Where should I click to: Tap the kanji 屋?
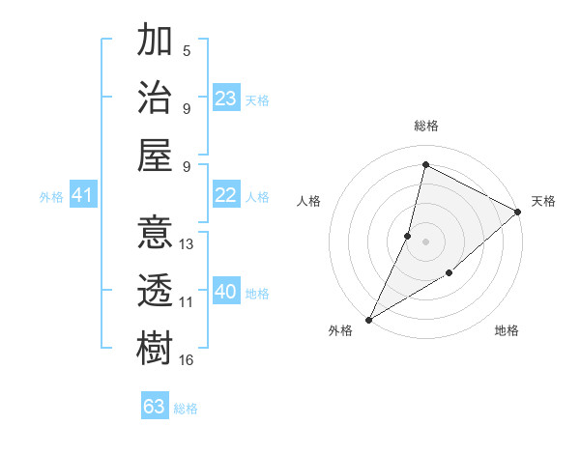tap(155, 155)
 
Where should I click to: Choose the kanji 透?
tap(155, 290)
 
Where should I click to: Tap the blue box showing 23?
tap(226, 99)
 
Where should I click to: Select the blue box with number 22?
tap(226, 196)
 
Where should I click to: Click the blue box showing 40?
tap(226, 292)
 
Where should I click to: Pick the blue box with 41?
tap(82, 196)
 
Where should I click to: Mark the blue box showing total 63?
tap(155, 407)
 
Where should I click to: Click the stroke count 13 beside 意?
tap(188, 244)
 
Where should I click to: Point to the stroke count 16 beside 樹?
tap(188, 360)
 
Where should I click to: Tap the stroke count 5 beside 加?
tap(187, 50)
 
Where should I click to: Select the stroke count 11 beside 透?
tap(187, 302)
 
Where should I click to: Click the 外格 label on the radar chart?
tap(340, 331)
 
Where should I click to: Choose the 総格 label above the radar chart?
tap(425, 126)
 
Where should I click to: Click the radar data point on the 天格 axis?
tap(517, 212)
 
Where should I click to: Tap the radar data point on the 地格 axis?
tap(449, 273)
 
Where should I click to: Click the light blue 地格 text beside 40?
tap(258, 294)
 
